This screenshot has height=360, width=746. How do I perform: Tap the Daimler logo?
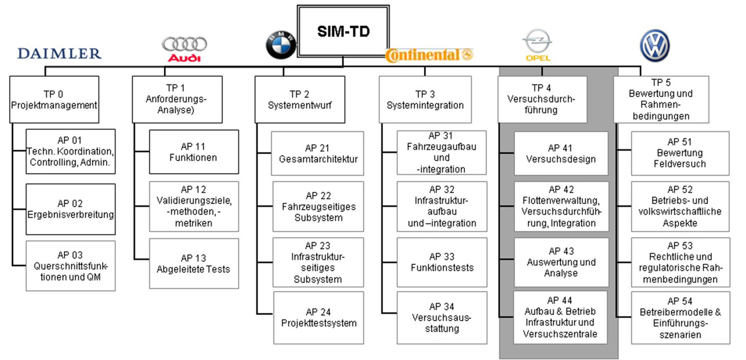(59, 53)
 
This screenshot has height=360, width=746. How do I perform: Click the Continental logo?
(429, 55)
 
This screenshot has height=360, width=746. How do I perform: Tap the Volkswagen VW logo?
(655, 45)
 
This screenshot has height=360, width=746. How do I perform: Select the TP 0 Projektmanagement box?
(54, 99)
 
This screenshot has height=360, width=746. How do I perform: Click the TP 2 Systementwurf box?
(299, 99)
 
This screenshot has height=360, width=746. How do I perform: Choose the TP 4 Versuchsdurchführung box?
(542, 99)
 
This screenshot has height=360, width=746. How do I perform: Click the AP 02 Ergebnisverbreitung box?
(71, 209)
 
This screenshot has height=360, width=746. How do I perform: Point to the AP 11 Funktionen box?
(194, 152)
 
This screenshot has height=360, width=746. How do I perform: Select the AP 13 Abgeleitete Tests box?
(194, 263)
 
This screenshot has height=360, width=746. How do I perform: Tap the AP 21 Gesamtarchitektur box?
(318, 154)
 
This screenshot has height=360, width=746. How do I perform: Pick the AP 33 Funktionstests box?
(442, 262)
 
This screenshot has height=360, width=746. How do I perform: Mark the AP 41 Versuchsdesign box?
(561, 154)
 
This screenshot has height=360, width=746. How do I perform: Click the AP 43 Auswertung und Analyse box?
(561, 262)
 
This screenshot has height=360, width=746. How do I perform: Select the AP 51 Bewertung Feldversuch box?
(680, 153)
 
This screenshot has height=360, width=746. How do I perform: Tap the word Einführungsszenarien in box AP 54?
(680, 329)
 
